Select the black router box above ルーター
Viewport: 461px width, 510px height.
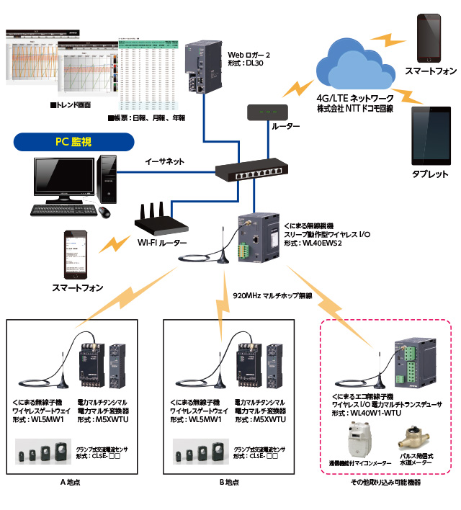(x=267, y=112)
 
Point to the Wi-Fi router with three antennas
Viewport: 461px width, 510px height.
(x=162, y=223)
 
